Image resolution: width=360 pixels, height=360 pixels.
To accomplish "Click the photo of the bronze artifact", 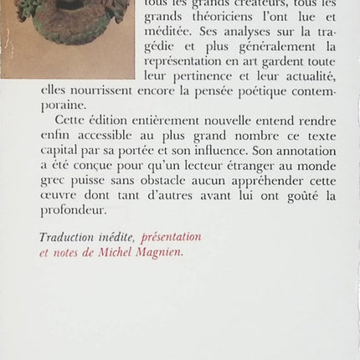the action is [x=67, y=33].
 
